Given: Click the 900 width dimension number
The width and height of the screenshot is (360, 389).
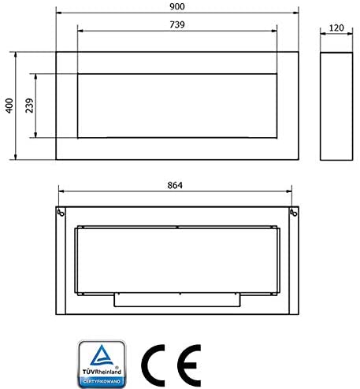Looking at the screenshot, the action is (x=177, y=6).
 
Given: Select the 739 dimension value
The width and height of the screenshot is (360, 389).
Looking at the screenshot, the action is (x=177, y=24).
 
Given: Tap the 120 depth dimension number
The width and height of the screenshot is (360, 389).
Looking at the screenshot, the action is (x=336, y=28).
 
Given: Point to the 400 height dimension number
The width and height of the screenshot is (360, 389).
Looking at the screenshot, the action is (x=9, y=106).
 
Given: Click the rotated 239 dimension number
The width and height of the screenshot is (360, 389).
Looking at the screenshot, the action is (x=29, y=106).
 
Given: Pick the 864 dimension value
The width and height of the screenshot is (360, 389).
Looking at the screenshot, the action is (x=175, y=185).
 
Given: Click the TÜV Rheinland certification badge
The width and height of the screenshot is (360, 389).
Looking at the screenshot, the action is (x=102, y=364).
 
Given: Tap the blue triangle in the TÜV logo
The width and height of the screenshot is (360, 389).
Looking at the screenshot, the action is (x=102, y=356).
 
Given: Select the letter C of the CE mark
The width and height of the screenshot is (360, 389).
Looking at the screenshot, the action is (x=153, y=365).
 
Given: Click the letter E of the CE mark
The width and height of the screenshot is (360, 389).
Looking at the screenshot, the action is (x=189, y=365).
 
